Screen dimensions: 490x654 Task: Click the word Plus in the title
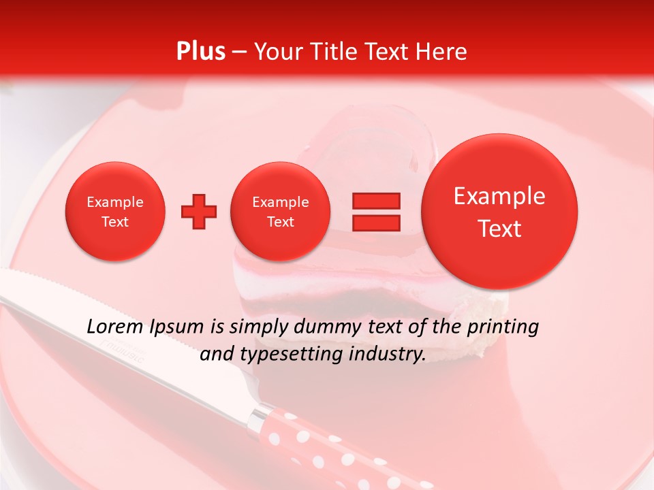click(200, 52)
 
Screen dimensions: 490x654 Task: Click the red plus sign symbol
click(199, 212)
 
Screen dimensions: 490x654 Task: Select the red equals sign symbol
click(375, 212)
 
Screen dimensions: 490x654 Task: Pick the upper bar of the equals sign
click(375, 201)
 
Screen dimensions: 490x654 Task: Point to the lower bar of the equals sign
click(375, 223)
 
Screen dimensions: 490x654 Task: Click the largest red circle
click(499, 212)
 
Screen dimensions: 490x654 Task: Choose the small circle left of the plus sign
click(115, 212)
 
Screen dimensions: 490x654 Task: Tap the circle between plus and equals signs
click(280, 212)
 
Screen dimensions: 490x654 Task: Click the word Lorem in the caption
click(113, 327)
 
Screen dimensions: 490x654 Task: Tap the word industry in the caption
click(387, 355)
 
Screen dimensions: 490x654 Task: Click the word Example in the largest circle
click(499, 197)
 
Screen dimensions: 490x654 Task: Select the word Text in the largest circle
click(499, 229)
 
